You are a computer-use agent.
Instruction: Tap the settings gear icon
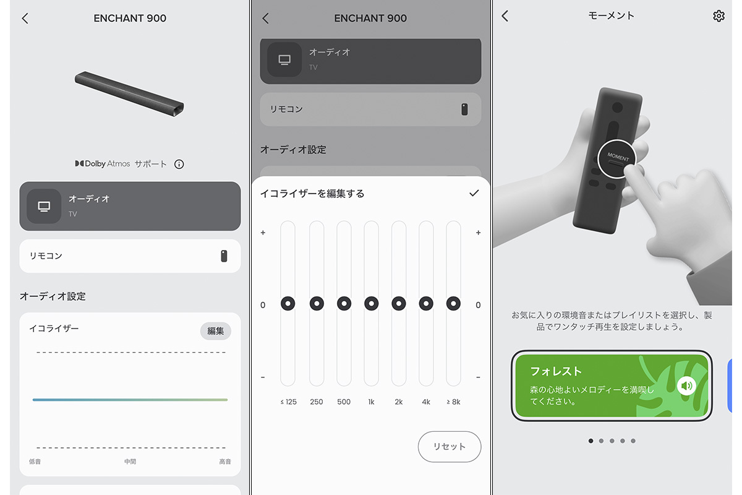[719, 16]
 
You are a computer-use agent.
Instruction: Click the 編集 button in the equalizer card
[215, 330]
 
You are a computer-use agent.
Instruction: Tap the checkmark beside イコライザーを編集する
[474, 193]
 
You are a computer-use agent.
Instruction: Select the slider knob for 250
[317, 303]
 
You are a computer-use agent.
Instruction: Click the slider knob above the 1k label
[372, 303]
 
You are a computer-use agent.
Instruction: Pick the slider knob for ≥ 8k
[453, 303]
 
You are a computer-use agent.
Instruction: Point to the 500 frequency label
[344, 402]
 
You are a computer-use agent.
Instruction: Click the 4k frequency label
[426, 402]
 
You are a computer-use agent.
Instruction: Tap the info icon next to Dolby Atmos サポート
[179, 164]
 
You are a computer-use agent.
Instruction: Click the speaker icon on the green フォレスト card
[686, 385]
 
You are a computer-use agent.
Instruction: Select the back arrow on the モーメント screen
[505, 16]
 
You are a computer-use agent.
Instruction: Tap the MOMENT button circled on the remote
[617, 159]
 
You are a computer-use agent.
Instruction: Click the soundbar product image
[129, 94]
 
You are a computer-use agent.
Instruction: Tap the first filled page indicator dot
[591, 441]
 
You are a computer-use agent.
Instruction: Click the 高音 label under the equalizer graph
[225, 461]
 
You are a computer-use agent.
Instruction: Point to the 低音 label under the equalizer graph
[35, 461]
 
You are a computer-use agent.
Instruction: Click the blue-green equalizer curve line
[130, 400]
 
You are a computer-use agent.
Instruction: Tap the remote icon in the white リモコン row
[224, 256]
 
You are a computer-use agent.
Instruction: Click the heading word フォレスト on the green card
[556, 371]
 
